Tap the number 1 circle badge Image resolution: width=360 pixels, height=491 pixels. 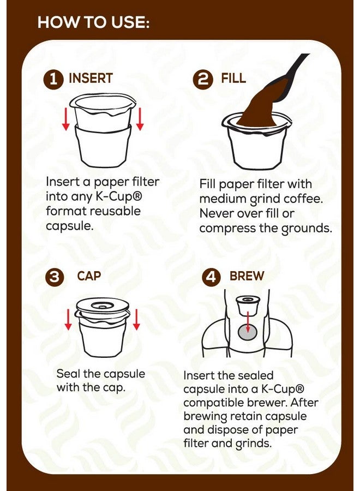53,80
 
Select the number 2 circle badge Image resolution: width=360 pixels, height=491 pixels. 203,80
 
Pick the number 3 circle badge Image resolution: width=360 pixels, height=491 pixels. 53,277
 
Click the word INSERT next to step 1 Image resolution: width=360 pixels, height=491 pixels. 91,79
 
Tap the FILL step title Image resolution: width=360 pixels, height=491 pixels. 233,79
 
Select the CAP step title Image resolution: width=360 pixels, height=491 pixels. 89,276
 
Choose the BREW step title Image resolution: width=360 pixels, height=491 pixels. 247,276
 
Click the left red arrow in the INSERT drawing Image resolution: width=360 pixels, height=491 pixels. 65,119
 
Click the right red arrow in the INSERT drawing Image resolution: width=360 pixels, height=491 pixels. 140,119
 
